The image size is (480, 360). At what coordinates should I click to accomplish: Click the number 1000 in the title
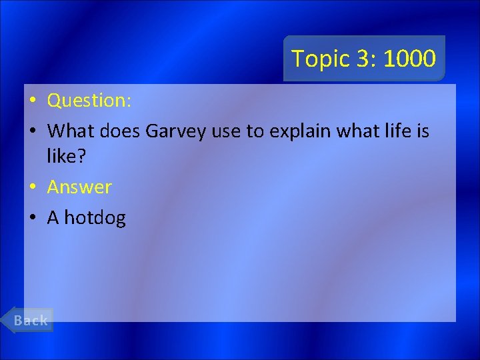[x=409, y=59]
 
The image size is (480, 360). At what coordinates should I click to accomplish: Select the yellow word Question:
[x=89, y=101]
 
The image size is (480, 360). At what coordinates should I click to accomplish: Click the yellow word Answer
[x=79, y=187]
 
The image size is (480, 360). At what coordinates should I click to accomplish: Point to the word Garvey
[x=176, y=131]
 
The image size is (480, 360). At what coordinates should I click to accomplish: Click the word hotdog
[x=95, y=218]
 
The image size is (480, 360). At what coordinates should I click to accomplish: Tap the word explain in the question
[x=299, y=131]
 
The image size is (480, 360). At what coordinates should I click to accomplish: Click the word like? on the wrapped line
[x=67, y=157]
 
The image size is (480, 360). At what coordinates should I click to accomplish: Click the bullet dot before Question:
[x=32, y=101]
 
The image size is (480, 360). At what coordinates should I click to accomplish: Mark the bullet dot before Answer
[x=32, y=188]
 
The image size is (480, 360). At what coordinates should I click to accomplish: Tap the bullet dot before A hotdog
[x=32, y=219]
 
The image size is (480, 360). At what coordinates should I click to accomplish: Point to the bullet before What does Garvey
[x=32, y=132]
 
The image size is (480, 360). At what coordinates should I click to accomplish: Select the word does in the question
[x=120, y=131]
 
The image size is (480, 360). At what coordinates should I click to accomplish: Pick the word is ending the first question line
[x=423, y=131]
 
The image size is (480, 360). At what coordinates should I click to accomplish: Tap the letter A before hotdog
[x=53, y=218]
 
